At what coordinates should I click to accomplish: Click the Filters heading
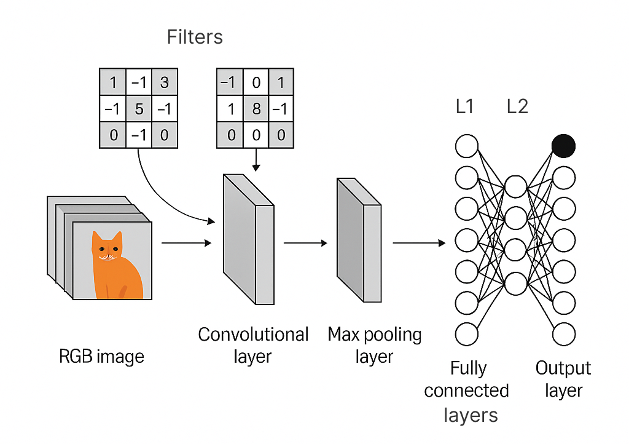pos(195,38)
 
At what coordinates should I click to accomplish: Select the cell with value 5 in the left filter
pos(139,109)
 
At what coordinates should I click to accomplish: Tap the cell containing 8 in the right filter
pos(256,109)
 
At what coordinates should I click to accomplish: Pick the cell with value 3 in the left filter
pos(164,82)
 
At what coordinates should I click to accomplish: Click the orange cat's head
pos(107,247)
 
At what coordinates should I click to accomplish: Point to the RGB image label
pos(101,356)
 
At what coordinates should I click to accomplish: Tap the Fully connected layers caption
pos(467,391)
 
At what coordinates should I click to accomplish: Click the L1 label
pos(465,107)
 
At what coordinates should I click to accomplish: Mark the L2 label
pos(517,107)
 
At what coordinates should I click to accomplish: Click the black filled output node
pos(563,146)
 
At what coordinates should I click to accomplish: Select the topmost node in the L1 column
pos(466,147)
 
